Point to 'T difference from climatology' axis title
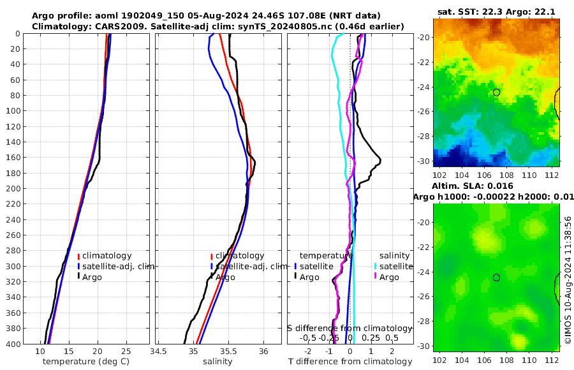pyautogui.click(x=350, y=362)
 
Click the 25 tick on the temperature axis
pyautogui.click(x=126, y=351)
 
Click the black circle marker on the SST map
pyautogui.click(x=497, y=93)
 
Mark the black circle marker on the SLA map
pyautogui.click(x=497, y=277)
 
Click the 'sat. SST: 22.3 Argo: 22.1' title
pyautogui.click(x=497, y=11)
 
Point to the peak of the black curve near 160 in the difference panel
pyautogui.click(x=381, y=159)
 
